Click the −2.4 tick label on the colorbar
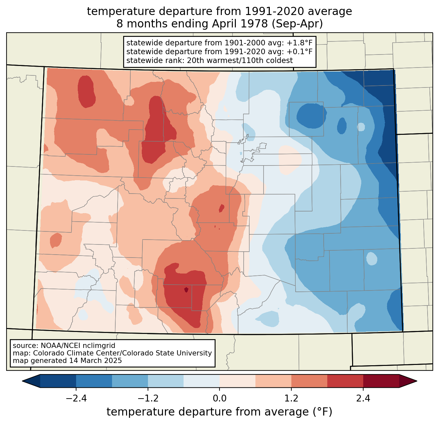[76, 399]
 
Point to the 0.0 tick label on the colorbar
[219, 399]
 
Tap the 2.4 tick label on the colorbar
[363, 399]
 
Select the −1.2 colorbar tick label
[148, 399]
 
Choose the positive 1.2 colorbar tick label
[291, 399]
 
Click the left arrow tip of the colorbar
[22, 381]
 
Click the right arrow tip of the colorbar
[417, 381]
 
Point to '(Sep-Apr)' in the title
[297, 24]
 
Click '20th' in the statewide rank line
[194, 60]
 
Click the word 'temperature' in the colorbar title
[140, 412]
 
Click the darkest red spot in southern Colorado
[186, 290]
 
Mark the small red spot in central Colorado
[221, 208]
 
